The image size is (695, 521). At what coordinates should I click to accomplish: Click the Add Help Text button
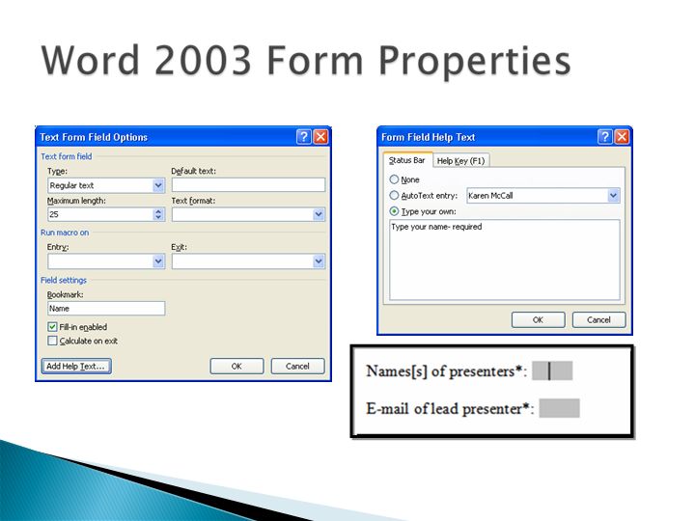[x=76, y=366]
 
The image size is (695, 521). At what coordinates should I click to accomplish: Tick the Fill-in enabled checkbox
[x=52, y=327]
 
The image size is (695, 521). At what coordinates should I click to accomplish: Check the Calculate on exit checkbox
[x=52, y=341]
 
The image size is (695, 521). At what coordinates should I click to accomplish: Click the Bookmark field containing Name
[x=106, y=309]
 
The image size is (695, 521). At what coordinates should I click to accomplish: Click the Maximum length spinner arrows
[x=158, y=214]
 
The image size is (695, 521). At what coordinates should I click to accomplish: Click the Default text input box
[x=248, y=184]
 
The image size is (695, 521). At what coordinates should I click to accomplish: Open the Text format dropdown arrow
[x=319, y=214]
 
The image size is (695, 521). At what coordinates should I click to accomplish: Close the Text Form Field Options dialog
[x=320, y=136]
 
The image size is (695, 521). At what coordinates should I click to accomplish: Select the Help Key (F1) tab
[x=460, y=160]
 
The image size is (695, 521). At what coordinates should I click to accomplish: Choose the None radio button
[x=394, y=179]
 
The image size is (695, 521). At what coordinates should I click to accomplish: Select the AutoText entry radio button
[x=394, y=195]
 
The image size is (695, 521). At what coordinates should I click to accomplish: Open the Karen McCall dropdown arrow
[x=613, y=195]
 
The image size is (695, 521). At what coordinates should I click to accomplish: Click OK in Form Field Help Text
[x=538, y=320]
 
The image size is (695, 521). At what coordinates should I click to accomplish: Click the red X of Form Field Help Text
[x=622, y=136]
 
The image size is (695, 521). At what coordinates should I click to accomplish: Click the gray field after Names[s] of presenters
[x=552, y=370]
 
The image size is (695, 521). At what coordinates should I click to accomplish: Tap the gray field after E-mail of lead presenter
[x=559, y=408]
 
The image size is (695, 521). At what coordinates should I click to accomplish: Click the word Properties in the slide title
[x=475, y=62]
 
